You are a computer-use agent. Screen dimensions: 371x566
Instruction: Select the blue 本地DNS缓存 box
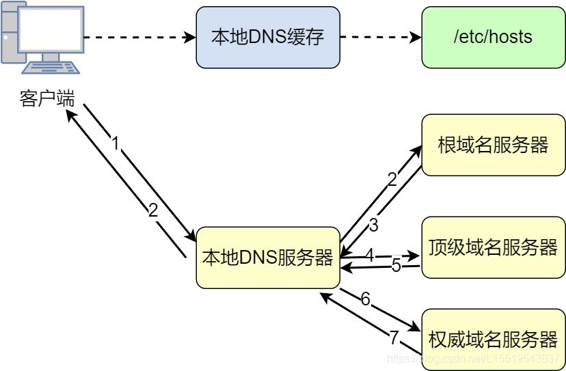click(267, 38)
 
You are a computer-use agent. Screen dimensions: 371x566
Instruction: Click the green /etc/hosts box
click(493, 38)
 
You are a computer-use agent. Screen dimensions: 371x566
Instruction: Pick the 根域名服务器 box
click(493, 145)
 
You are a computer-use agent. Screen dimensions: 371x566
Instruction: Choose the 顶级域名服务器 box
click(493, 247)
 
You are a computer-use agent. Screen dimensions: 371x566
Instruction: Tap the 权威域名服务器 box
click(493, 339)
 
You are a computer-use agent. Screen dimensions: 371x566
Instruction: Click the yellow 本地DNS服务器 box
click(267, 258)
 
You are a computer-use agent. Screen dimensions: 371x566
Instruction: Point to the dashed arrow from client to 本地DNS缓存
click(139, 38)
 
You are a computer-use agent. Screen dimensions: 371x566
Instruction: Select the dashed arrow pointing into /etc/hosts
click(380, 38)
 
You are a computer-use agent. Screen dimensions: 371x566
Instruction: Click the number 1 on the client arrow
click(116, 143)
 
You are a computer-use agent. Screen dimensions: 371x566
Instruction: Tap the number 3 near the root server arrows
click(373, 225)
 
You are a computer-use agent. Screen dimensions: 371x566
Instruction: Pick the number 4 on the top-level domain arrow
click(369, 255)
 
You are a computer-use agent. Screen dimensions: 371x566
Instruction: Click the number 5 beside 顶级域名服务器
click(396, 266)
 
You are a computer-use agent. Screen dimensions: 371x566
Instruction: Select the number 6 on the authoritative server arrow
click(365, 299)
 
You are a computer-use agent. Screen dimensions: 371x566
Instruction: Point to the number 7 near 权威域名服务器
click(393, 337)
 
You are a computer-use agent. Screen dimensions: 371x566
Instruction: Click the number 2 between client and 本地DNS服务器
click(153, 210)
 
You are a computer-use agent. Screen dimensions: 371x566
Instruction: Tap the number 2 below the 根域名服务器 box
click(392, 180)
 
